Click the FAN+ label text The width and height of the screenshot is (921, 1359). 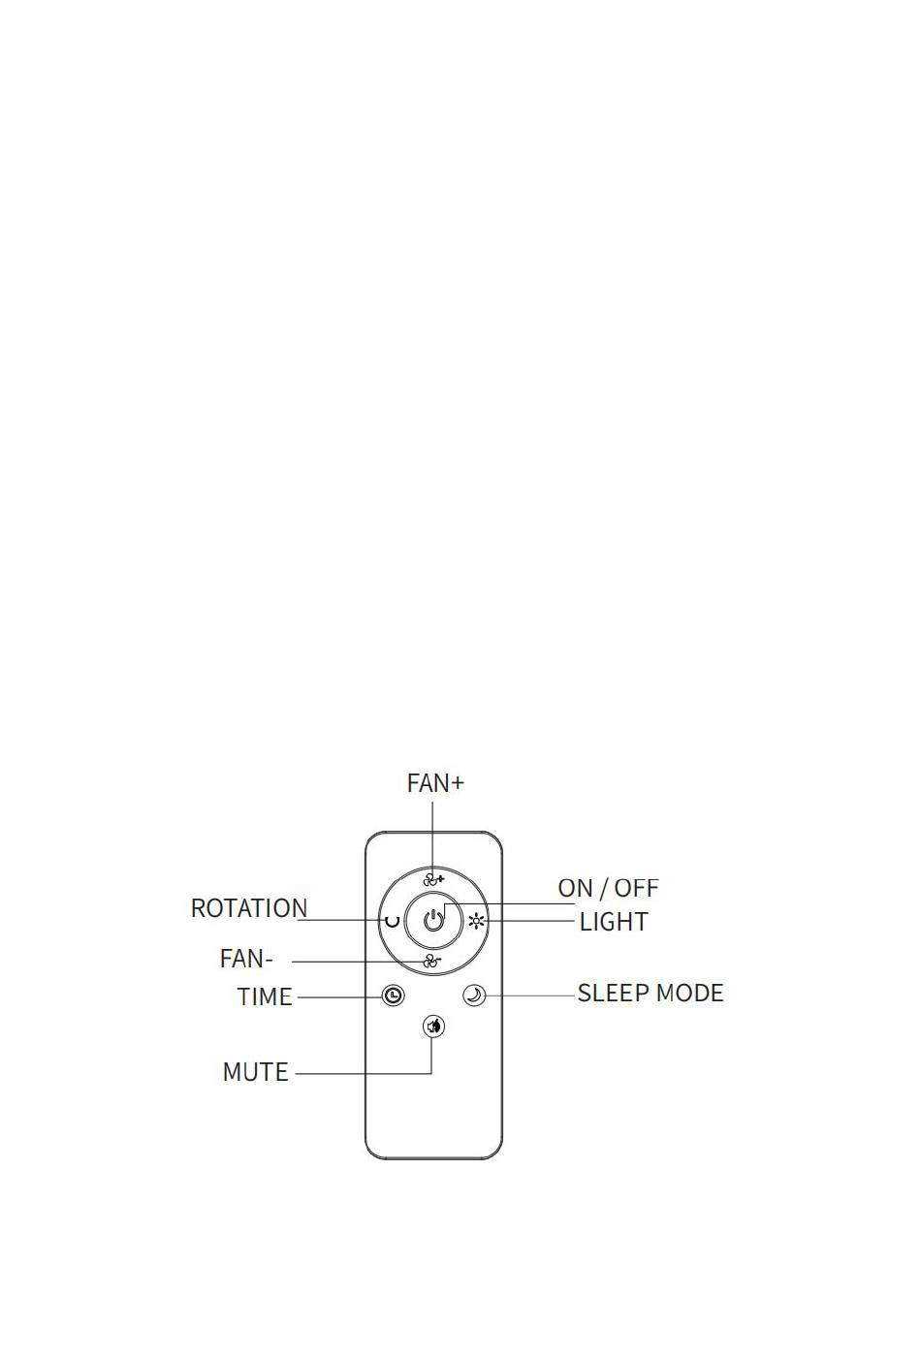click(x=435, y=783)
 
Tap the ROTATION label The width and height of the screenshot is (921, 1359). click(x=249, y=908)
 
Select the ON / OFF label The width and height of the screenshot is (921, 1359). click(x=608, y=888)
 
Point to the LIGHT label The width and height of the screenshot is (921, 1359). click(x=614, y=922)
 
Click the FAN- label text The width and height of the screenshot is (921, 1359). click(x=245, y=959)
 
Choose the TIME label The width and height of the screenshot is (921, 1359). click(x=265, y=996)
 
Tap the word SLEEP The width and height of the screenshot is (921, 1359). click(x=613, y=994)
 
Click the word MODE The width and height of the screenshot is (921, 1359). click(x=690, y=994)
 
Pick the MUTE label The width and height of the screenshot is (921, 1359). click(x=255, y=1072)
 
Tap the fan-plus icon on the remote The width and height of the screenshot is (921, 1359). click(x=433, y=880)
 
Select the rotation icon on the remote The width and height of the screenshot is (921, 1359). click(x=393, y=922)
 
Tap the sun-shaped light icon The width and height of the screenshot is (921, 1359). click(x=477, y=922)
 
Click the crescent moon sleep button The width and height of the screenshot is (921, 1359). click(x=474, y=995)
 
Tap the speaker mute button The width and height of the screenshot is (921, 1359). click(x=433, y=1027)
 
